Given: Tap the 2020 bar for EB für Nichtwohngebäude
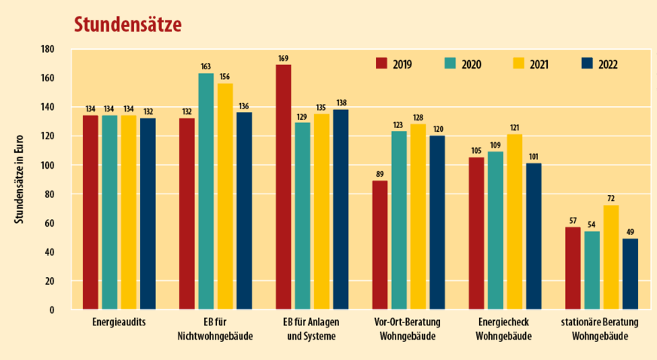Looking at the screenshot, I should [206, 191].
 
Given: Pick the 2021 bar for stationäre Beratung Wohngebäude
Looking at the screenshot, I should [611, 257].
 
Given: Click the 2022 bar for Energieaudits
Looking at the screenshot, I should [148, 213].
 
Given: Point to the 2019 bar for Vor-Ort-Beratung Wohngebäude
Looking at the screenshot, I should [380, 245].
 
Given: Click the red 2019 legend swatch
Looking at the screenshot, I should [381, 63].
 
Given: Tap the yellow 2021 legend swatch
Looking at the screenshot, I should [519, 63].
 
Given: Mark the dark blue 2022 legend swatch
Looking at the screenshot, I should [588, 63].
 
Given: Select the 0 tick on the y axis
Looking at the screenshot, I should [51, 310].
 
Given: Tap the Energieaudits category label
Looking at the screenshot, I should [119, 322].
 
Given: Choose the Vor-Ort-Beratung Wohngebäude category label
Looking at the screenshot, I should [408, 328].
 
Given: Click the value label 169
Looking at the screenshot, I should [283, 57].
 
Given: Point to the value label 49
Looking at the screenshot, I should [630, 231].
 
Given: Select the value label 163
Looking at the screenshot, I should [206, 66].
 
